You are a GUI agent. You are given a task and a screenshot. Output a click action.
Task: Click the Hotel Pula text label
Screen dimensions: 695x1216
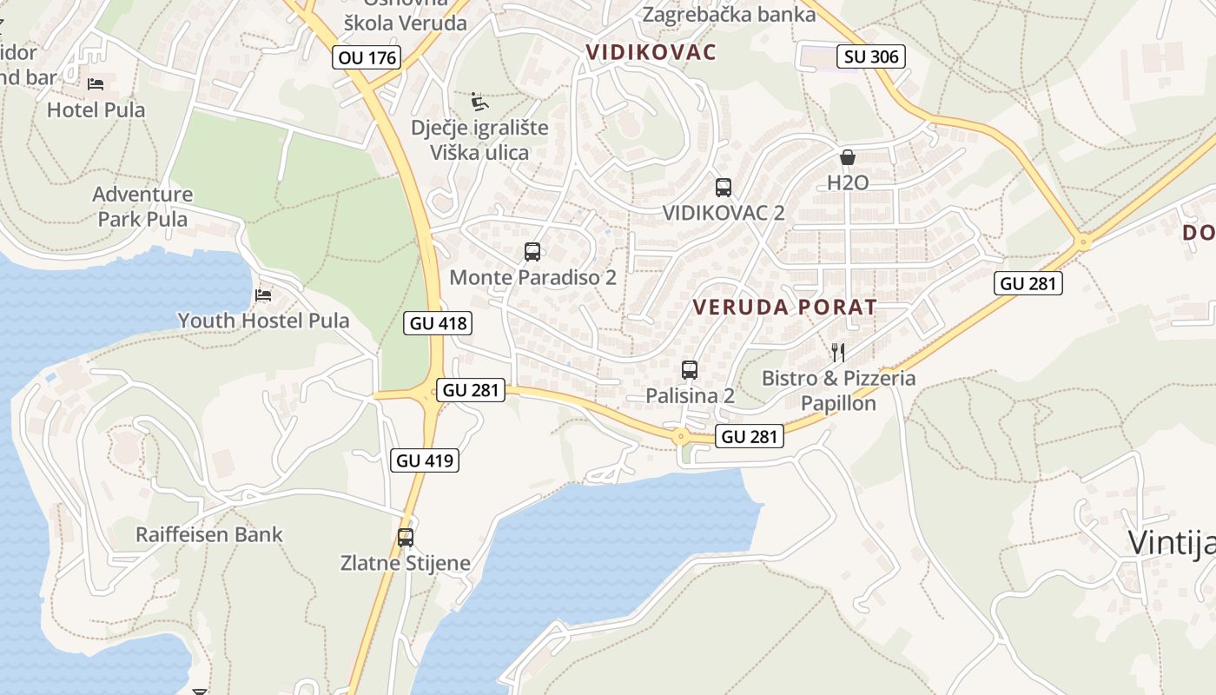click(x=96, y=110)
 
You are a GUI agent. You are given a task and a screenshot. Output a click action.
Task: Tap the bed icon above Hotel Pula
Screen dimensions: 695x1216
click(x=96, y=84)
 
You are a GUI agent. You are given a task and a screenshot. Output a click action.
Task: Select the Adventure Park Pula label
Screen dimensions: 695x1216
click(x=142, y=206)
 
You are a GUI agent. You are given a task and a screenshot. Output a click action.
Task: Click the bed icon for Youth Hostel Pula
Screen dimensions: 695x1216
click(x=263, y=295)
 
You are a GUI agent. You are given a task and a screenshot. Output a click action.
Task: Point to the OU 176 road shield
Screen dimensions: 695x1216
click(x=367, y=58)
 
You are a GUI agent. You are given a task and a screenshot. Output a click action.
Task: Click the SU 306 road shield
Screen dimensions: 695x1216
click(x=871, y=56)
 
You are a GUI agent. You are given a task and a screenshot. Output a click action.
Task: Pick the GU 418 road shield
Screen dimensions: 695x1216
click(x=439, y=323)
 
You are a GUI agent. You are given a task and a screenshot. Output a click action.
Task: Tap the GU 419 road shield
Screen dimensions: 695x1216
click(x=426, y=460)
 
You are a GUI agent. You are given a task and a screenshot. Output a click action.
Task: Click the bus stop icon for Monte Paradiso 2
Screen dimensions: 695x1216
click(x=532, y=252)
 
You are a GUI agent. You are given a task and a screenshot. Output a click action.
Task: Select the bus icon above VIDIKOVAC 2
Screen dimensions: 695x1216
click(x=724, y=187)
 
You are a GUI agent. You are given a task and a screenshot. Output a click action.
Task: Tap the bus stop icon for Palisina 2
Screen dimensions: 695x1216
click(x=690, y=370)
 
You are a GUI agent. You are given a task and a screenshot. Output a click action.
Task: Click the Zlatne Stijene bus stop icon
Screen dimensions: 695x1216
click(x=406, y=537)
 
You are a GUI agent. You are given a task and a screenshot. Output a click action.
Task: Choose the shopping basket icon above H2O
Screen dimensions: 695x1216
click(x=848, y=157)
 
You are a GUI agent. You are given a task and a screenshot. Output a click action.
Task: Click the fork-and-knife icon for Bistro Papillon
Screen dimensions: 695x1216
click(x=838, y=352)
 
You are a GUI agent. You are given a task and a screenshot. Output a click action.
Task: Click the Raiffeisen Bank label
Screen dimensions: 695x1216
click(x=209, y=534)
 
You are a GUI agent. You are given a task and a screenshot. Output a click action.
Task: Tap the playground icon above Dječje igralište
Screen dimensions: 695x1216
click(x=479, y=103)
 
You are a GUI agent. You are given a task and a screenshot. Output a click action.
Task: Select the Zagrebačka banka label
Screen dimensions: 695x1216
click(x=729, y=14)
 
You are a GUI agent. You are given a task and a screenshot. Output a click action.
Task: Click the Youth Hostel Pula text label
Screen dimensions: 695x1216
click(x=263, y=321)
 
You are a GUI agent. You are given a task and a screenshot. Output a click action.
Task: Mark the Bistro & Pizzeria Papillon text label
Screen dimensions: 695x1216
click(x=838, y=391)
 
